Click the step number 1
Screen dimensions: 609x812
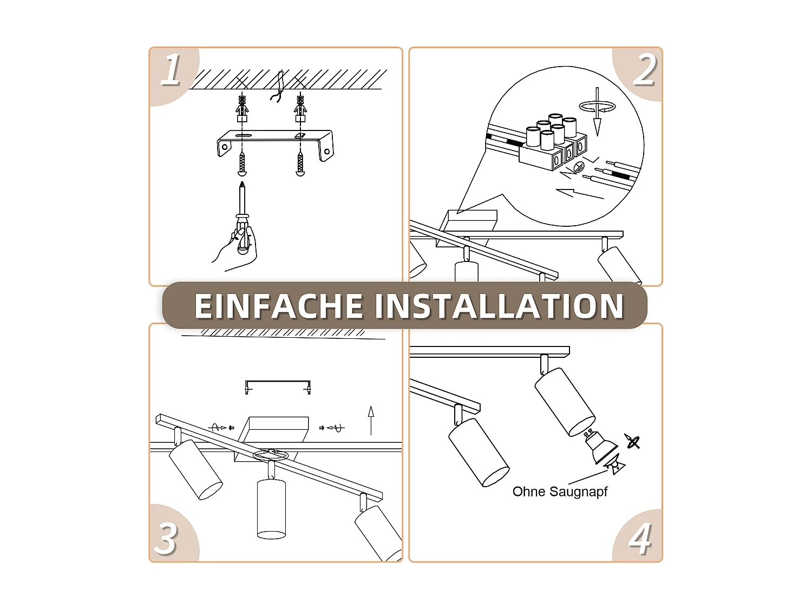(x=171, y=70)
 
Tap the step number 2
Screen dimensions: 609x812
(x=644, y=70)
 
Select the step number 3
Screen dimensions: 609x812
(x=166, y=539)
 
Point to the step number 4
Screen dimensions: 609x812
(x=640, y=539)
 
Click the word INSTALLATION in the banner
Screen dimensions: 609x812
(x=499, y=306)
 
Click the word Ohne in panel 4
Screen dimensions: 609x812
(x=528, y=492)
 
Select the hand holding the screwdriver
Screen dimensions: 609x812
(x=238, y=249)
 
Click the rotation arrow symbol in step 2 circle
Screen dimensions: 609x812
(x=597, y=107)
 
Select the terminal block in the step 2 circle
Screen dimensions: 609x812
(x=552, y=143)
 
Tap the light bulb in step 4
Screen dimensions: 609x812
(x=601, y=447)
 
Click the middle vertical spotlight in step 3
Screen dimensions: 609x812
(x=271, y=508)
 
